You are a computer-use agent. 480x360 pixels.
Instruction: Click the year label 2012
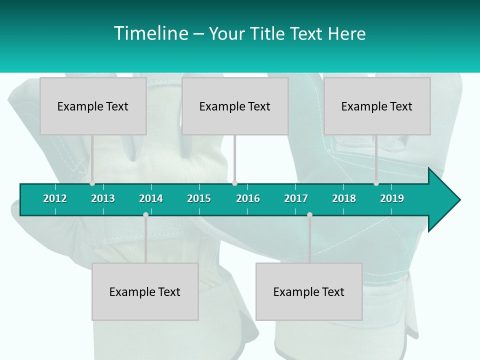(x=55, y=198)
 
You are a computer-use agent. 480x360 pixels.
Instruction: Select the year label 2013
(x=103, y=198)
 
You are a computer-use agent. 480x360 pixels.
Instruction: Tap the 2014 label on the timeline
(x=151, y=198)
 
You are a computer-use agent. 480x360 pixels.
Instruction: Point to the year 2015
(x=199, y=198)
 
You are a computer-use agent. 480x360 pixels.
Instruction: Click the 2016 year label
(x=248, y=198)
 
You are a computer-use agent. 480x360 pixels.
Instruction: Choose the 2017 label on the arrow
(x=296, y=198)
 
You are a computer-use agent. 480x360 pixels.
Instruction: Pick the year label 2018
(x=344, y=198)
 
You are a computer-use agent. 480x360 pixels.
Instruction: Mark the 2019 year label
(x=392, y=198)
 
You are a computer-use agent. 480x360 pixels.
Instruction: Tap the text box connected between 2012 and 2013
(x=93, y=106)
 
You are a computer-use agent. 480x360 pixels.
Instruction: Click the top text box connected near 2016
(x=235, y=106)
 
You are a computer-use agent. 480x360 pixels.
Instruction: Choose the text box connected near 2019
(x=377, y=106)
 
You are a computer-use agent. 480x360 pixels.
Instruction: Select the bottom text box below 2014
(x=145, y=291)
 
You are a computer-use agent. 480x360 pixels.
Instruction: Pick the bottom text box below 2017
(x=309, y=291)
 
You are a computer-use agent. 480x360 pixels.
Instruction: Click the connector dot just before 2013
(x=92, y=183)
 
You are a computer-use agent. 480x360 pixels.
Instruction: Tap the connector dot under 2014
(x=145, y=215)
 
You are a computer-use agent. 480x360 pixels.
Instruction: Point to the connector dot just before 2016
(x=234, y=183)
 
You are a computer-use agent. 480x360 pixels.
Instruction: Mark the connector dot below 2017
(x=309, y=215)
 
